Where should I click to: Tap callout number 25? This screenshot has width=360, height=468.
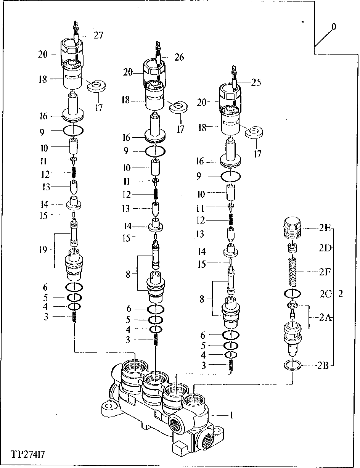coord(256,82)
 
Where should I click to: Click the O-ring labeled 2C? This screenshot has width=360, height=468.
coord(292,294)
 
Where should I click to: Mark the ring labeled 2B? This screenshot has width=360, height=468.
coord(292,365)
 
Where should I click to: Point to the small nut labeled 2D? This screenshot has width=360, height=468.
coord(292,248)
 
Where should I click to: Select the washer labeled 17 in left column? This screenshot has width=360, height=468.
coord(96,87)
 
